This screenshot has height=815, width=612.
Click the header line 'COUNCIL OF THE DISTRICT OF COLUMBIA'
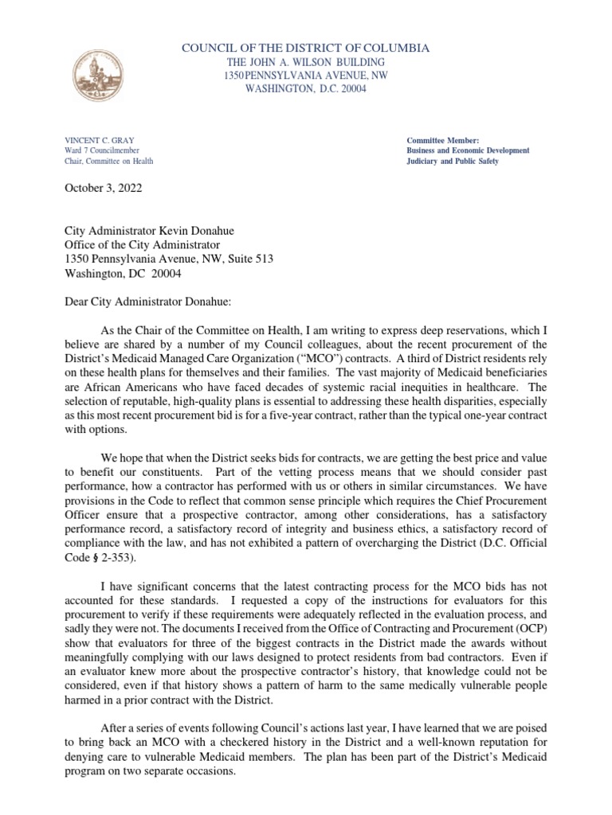point(306,49)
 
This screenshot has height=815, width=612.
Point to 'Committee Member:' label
point(443,140)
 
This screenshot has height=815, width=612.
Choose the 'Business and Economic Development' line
point(468,150)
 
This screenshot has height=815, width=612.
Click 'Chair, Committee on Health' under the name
point(109,161)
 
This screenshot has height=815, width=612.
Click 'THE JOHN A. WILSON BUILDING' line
point(306,62)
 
